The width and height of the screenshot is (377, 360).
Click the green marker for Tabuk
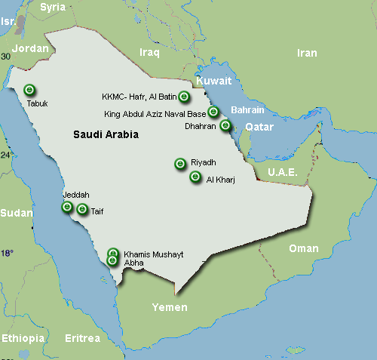pos(29,89)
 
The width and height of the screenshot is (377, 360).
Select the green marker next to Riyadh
pos(180,163)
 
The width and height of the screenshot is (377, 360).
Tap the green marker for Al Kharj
pos(195,177)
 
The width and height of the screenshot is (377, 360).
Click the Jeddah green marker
pos(67,207)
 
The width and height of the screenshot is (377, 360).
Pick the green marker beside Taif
pos(82,210)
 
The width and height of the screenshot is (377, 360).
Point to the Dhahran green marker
pos(225,125)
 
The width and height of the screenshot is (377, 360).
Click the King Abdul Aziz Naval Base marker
pos(213,112)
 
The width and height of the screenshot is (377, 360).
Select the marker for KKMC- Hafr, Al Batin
pos(184,97)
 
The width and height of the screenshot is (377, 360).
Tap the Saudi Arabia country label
pos(106,134)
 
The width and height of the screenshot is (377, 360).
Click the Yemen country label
pos(170,307)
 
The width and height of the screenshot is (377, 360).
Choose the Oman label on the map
pos(304,248)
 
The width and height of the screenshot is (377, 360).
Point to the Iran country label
pos(307,53)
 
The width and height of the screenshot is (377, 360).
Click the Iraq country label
pos(151,51)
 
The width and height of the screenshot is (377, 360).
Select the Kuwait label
pos(213,81)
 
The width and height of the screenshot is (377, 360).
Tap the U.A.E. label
pos(283,173)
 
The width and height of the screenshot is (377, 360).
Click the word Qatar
pos(259,127)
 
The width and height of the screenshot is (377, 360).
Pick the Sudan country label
pos(16,213)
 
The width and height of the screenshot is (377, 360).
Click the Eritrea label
pos(82,338)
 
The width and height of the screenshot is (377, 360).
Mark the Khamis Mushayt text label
pos(153,254)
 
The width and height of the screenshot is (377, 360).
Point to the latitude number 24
pos(6,155)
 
